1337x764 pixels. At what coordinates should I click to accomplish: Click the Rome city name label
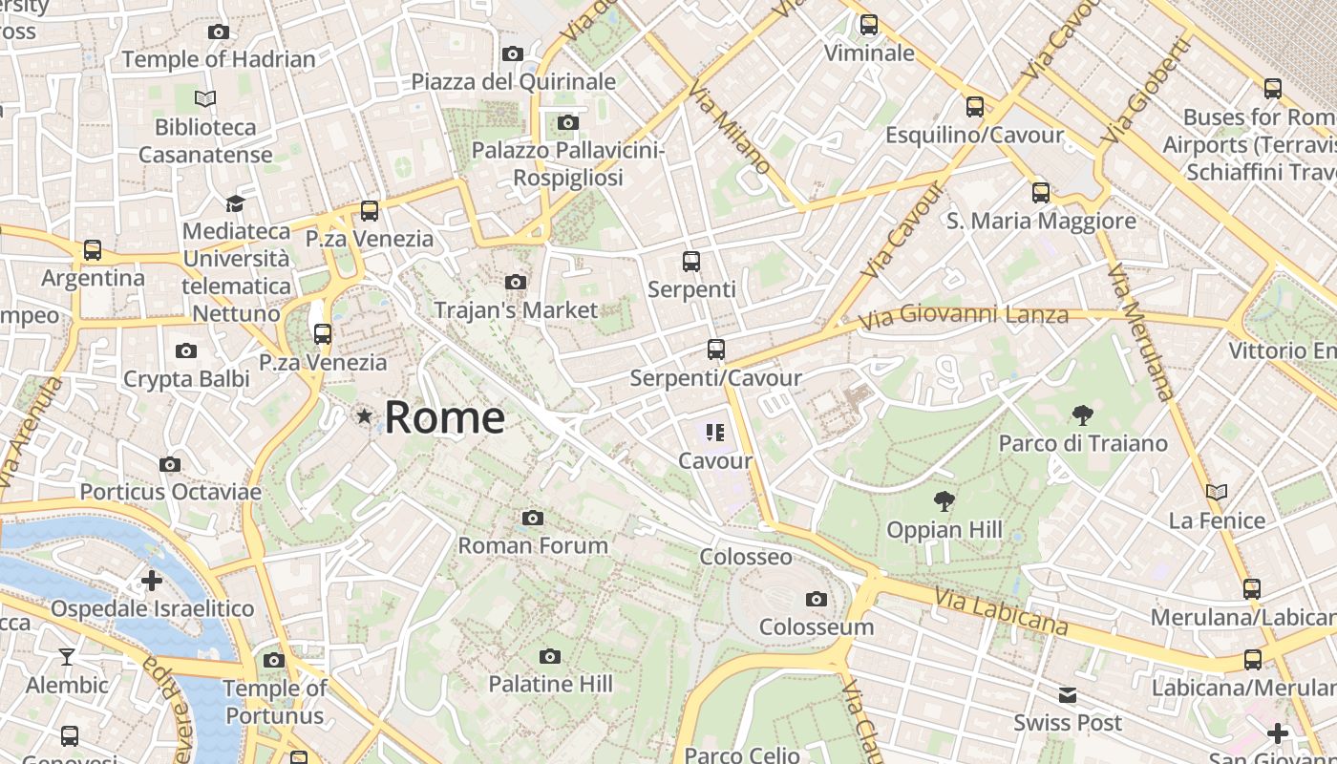pyautogui.click(x=445, y=417)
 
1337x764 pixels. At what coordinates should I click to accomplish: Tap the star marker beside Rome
pyautogui.click(x=364, y=416)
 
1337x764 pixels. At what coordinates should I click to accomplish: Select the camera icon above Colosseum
pyautogui.click(x=816, y=599)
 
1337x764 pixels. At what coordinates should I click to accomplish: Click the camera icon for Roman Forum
pyautogui.click(x=533, y=518)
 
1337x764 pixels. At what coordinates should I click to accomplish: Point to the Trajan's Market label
pyautogui.click(x=516, y=309)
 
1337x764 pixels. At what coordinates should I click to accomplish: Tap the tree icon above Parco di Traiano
pyautogui.click(x=1082, y=414)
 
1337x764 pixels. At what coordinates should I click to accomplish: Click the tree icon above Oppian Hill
pyautogui.click(x=944, y=500)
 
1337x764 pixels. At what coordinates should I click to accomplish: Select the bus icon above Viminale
pyautogui.click(x=868, y=25)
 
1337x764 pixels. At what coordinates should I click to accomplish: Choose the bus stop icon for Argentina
pyautogui.click(x=93, y=250)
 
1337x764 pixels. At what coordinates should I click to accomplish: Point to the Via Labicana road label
pyautogui.click(x=1001, y=611)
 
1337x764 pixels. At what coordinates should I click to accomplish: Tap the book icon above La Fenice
pyautogui.click(x=1216, y=493)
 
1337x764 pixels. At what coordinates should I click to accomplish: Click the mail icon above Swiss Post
pyautogui.click(x=1067, y=694)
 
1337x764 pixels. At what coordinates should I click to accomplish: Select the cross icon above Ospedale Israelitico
pyautogui.click(x=151, y=580)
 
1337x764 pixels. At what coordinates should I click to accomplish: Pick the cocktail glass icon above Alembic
pyautogui.click(x=67, y=656)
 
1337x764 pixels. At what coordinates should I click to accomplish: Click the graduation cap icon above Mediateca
pyautogui.click(x=235, y=202)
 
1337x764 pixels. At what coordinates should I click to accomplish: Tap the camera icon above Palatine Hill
pyautogui.click(x=549, y=656)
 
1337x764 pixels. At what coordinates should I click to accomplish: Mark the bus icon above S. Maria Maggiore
pyautogui.click(x=1041, y=193)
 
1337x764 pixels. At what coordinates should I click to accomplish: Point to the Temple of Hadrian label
pyautogui.click(x=219, y=59)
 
